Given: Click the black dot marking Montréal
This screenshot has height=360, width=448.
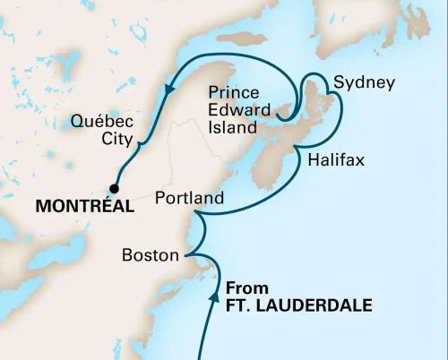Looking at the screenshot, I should [x=114, y=188].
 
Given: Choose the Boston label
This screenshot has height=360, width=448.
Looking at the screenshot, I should [x=150, y=255].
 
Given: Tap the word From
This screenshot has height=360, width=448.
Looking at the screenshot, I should [x=245, y=288].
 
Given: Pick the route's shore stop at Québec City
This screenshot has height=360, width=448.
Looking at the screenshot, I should [x=136, y=141].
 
